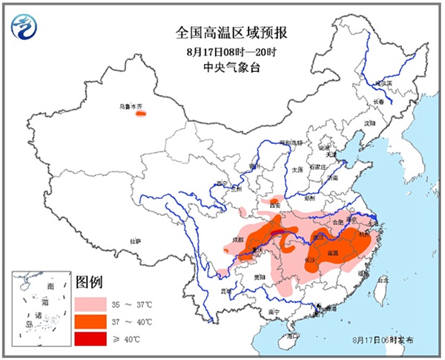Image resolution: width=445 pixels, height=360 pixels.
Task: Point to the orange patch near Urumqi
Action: [140, 114]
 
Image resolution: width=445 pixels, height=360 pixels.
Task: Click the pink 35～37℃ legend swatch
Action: [90, 305]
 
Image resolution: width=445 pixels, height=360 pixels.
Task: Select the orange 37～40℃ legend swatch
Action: [90, 321]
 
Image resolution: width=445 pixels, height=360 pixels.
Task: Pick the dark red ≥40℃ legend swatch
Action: [90, 338]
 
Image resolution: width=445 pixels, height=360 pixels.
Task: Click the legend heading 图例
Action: [89, 283]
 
